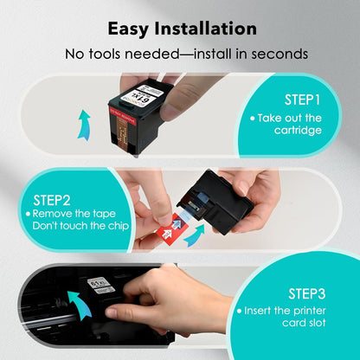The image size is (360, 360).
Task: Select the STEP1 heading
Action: click(x=302, y=100)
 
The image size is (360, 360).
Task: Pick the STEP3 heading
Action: click(x=307, y=292)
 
